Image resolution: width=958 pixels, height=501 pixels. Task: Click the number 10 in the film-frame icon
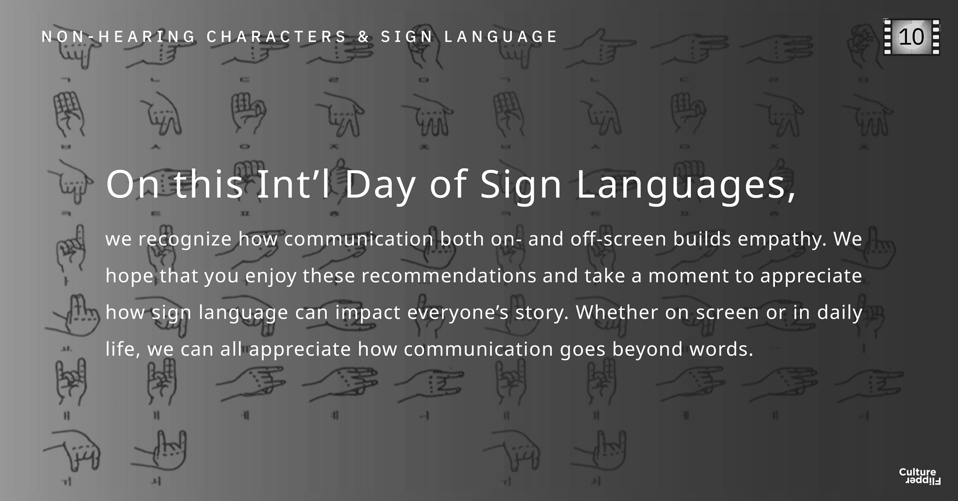tap(912, 37)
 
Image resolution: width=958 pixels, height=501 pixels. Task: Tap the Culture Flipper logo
tap(919, 476)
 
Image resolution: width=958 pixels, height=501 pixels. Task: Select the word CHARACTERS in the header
tap(277, 37)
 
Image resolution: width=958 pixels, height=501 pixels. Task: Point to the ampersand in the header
tap(364, 37)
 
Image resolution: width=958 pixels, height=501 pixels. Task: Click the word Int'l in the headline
tap(294, 184)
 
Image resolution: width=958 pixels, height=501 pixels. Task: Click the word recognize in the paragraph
tap(185, 240)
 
